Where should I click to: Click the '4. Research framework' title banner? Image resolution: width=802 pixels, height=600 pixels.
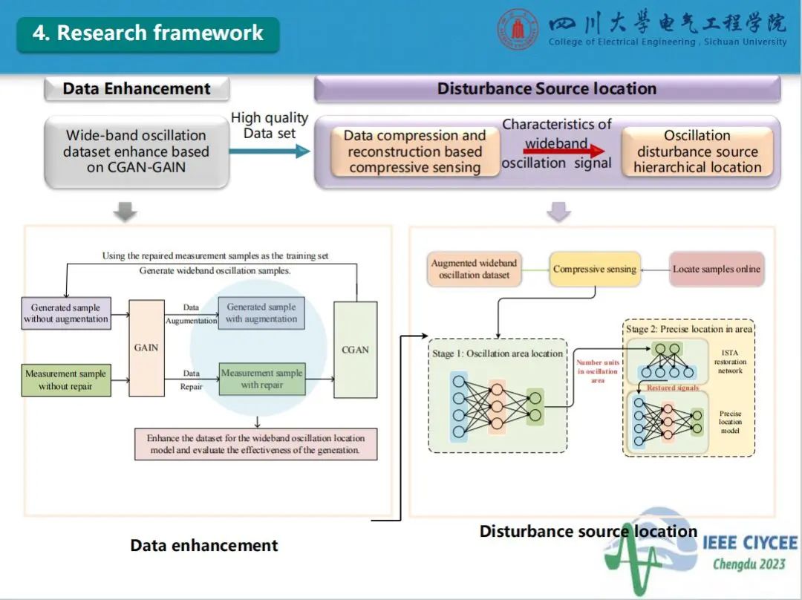pyautogui.click(x=148, y=33)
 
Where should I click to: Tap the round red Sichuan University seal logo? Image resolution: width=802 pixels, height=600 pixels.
pyautogui.click(x=517, y=30)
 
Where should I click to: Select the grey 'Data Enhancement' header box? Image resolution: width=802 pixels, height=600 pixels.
pyautogui.click(x=137, y=89)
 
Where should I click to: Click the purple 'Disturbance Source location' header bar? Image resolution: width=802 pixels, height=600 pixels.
pyautogui.click(x=547, y=89)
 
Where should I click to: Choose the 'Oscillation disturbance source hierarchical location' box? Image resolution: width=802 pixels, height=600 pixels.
pyautogui.click(x=697, y=151)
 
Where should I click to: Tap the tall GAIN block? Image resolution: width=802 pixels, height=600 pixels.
pyautogui.click(x=146, y=348)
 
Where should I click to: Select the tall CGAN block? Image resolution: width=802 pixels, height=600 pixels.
pyautogui.click(x=355, y=350)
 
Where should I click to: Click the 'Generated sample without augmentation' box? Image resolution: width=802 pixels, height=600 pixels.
pyautogui.click(x=66, y=313)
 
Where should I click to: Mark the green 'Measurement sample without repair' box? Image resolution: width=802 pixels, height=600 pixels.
pyautogui.click(x=66, y=380)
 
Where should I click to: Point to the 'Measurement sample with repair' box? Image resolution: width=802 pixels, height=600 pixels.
pyautogui.click(x=262, y=379)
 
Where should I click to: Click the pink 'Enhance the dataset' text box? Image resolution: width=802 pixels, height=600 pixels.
pyautogui.click(x=255, y=444)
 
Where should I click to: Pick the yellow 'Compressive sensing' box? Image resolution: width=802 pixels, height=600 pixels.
pyautogui.click(x=594, y=269)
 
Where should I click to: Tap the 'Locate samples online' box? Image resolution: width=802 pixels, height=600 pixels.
pyautogui.click(x=717, y=269)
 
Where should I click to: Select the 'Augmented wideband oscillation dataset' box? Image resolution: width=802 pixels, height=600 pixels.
pyautogui.click(x=475, y=269)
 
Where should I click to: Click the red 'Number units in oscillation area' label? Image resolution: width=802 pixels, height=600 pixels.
pyautogui.click(x=598, y=371)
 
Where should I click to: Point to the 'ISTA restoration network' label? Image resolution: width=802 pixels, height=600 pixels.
pyautogui.click(x=731, y=362)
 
